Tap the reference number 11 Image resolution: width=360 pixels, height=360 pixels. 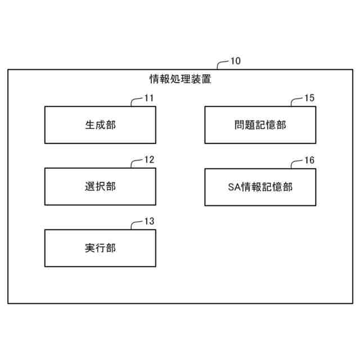(149, 98)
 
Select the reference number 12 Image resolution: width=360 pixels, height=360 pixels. (149, 160)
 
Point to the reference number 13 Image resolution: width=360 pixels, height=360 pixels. (149, 221)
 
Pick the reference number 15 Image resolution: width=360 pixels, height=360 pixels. (309, 98)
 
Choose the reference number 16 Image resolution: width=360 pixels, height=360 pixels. (309, 160)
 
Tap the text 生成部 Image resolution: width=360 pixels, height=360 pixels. (100, 125)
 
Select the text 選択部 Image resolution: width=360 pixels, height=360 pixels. (100, 186)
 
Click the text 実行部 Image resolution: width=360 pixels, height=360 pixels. (100, 247)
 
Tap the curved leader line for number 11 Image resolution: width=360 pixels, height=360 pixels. (135, 101)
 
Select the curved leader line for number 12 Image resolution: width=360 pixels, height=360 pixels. (135, 163)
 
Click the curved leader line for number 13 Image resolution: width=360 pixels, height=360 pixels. (135, 224)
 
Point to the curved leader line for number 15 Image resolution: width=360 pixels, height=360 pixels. (295, 101)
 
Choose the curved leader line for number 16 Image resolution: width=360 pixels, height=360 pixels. (295, 163)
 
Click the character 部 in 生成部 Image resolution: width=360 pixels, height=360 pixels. (111, 125)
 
